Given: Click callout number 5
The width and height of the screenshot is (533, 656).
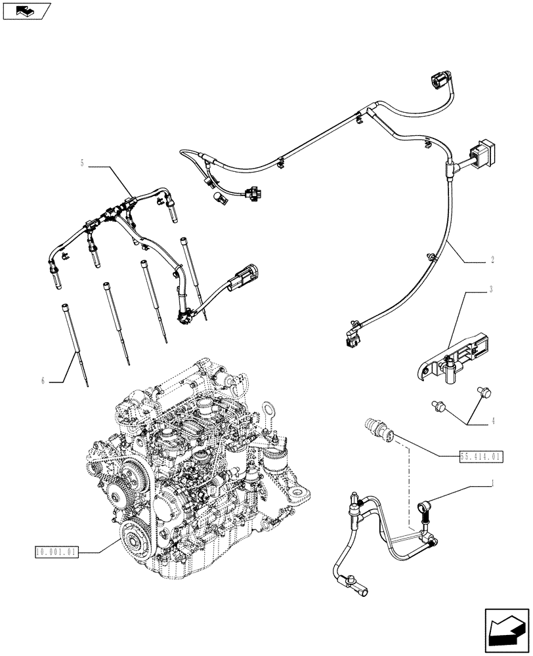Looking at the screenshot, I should pyautogui.click(x=82, y=164).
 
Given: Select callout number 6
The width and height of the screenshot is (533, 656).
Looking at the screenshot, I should pyautogui.click(x=44, y=380).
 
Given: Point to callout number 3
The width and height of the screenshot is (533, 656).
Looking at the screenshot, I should pyautogui.click(x=492, y=289).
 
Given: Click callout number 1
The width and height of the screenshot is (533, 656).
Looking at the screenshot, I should pyautogui.click(x=492, y=484).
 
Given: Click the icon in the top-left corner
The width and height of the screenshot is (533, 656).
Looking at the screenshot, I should pyautogui.click(x=26, y=11).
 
